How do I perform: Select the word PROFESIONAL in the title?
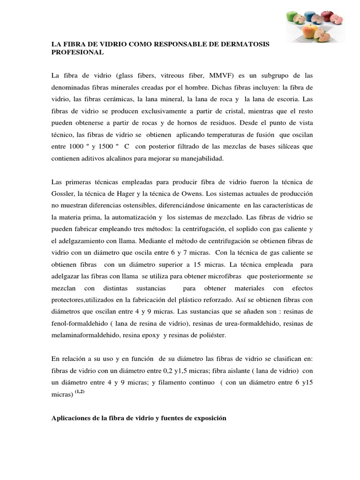pos(77,53)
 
